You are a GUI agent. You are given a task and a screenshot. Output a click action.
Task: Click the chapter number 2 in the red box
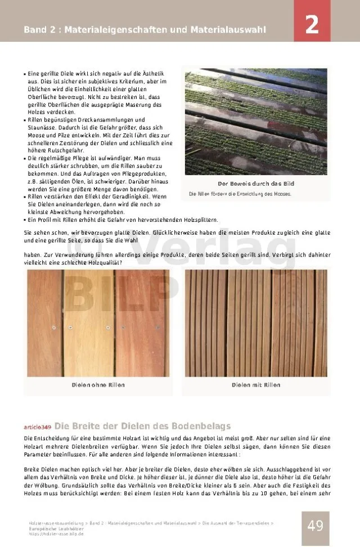tap(312, 25)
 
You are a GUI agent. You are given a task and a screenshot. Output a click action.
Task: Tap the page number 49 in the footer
tap(315, 526)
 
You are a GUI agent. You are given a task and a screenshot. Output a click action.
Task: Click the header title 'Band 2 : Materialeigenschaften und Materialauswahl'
tap(145, 29)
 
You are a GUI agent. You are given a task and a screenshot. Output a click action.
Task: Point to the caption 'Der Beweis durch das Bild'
tap(255, 184)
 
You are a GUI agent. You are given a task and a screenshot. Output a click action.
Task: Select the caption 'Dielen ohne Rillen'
tap(98, 385)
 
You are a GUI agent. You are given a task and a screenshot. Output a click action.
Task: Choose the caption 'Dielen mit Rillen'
tap(255, 385)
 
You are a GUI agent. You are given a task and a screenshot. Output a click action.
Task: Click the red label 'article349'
tap(37, 427)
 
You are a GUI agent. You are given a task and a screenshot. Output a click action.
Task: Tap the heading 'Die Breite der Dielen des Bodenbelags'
tap(142, 426)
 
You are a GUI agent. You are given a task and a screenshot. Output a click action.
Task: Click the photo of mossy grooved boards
tap(255, 122)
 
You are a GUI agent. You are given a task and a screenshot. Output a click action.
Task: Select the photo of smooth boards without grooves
tap(98, 323)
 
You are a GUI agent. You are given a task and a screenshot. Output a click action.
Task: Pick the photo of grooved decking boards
tap(255, 323)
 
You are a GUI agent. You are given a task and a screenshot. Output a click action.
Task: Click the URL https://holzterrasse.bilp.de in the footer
tap(56, 533)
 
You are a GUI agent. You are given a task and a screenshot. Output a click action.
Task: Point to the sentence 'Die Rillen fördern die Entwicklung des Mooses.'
tap(240, 194)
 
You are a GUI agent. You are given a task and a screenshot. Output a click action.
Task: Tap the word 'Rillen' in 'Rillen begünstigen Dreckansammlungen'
tap(37, 120)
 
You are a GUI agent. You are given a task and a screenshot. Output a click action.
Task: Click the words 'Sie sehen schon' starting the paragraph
tap(44, 232)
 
